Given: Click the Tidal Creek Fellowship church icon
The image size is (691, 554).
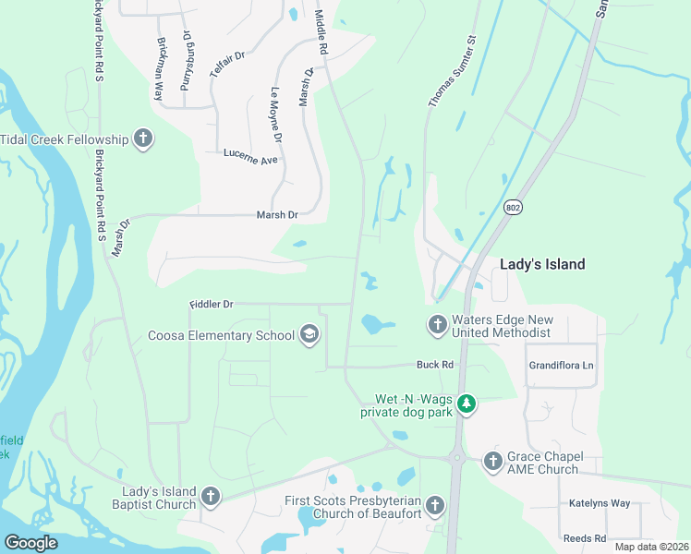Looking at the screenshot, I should pos(142,138).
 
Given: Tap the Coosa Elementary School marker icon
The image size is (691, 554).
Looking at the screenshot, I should pos(309,334).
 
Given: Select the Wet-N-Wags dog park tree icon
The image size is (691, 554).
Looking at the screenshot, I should pos(467,403).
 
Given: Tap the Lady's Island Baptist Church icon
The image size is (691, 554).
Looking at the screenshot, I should pos(210,497).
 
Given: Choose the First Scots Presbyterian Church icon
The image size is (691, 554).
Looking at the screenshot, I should pos(434,504).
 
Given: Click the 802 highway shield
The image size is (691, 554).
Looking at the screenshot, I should pos(513,209).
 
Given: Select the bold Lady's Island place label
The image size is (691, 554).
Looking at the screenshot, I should pos(542,264).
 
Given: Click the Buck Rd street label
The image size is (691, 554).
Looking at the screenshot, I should pos(434,365).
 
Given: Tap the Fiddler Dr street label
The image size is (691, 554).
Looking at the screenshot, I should pos(212,303).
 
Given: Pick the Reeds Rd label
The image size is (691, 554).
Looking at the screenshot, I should pos(584,538).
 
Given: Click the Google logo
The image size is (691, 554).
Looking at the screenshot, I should pos(30,542).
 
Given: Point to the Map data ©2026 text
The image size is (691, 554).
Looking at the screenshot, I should pos(650,547).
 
